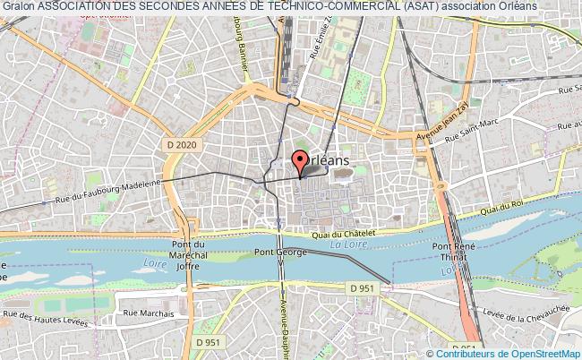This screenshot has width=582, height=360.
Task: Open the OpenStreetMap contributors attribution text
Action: tap(511, 353)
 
